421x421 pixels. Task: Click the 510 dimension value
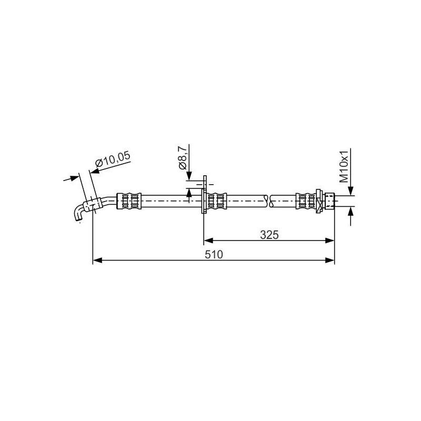(214, 254)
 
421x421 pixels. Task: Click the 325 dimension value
(269, 235)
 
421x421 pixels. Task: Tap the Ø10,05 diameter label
(113, 159)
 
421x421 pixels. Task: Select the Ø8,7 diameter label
(182, 158)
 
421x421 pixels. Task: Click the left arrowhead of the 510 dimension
(97, 260)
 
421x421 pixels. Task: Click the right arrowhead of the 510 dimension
(330, 260)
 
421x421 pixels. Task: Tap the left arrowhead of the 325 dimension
(208, 240)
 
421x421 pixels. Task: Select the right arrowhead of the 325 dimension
(330, 240)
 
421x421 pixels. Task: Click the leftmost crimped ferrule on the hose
(129, 201)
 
